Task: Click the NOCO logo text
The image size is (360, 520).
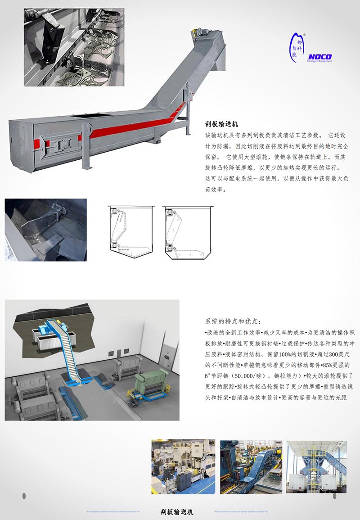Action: (x=319, y=57)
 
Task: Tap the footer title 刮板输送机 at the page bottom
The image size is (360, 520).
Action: (x=177, y=512)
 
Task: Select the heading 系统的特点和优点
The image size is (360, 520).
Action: (x=233, y=321)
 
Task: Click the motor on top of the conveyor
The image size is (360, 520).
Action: (x=201, y=32)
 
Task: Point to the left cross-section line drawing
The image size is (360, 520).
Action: (x=131, y=232)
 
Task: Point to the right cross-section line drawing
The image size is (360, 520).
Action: (x=188, y=233)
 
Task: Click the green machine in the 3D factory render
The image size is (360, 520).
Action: (x=151, y=384)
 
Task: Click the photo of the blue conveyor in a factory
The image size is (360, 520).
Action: (x=251, y=467)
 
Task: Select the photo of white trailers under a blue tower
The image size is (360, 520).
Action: (x=316, y=467)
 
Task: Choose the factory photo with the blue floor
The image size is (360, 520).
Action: (x=183, y=467)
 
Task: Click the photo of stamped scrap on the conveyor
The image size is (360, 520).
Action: (x=74, y=47)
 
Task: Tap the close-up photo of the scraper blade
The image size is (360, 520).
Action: (x=46, y=230)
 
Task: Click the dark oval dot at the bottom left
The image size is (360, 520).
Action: (x=24, y=496)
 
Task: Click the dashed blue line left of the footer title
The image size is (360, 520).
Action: (x=112, y=512)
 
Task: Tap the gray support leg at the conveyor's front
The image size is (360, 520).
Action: (x=87, y=146)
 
